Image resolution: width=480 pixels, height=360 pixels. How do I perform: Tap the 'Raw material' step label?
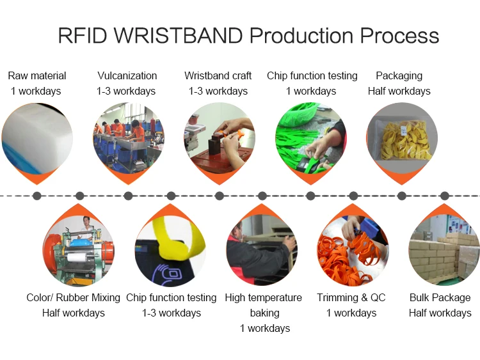pyautogui.click(x=37, y=75)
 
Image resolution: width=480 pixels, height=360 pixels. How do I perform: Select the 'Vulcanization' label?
pyautogui.click(x=127, y=75)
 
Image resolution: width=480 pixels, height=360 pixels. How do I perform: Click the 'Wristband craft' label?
pyautogui.click(x=218, y=75)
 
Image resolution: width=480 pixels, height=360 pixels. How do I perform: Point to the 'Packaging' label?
pyautogui.click(x=399, y=75)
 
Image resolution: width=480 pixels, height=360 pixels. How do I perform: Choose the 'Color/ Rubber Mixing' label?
pyautogui.click(x=73, y=297)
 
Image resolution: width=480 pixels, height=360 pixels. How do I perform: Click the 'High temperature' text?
pyautogui.click(x=263, y=297)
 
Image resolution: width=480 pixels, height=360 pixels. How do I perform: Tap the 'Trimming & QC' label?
pyautogui.click(x=351, y=297)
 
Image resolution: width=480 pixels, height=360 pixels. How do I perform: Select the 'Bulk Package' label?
pyautogui.click(x=440, y=297)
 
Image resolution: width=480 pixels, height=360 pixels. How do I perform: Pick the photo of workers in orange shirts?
pyautogui.click(x=128, y=137)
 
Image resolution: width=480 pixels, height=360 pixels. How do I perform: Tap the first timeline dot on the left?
pyautogui.click(x=37, y=196)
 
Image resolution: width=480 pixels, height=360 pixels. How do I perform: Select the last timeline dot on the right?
pyautogui.click(x=445, y=196)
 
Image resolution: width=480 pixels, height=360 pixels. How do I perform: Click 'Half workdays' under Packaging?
pyautogui.click(x=399, y=91)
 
